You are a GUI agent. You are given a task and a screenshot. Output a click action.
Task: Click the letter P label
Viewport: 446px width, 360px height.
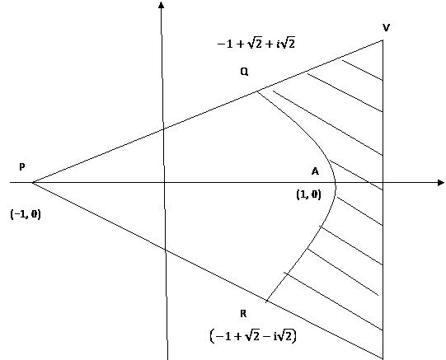tap(22, 166)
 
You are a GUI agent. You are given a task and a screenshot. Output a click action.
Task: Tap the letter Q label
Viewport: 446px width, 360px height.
tap(244, 72)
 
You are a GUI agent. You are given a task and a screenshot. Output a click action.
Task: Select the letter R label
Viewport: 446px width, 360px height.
tap(243, 314)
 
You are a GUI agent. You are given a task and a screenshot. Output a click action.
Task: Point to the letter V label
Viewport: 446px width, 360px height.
tap(386, 28)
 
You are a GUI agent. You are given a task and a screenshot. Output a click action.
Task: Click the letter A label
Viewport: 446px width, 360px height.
tap(315, 171)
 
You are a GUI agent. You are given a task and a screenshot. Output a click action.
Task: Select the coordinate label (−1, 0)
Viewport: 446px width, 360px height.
tap(26, 214)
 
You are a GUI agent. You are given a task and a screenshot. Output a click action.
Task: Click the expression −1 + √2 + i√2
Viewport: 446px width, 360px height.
tap(256, 43)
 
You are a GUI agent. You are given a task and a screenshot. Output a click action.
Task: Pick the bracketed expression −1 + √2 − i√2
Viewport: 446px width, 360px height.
tap(253, 336)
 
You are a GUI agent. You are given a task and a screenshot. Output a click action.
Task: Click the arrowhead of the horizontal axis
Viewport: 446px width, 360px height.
tap(440, 182)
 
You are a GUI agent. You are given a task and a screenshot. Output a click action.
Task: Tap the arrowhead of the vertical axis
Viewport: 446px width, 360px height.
tap(162, 5)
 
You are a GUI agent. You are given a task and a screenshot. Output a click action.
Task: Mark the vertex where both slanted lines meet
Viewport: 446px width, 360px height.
tap(32, 182)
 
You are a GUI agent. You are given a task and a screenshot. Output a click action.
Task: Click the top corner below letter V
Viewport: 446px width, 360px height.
tap(383, 40)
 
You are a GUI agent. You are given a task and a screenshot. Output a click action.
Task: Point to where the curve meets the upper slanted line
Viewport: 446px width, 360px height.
tap(257, 91)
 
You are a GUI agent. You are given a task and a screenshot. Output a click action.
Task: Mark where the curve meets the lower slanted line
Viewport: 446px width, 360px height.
tap(266, 301)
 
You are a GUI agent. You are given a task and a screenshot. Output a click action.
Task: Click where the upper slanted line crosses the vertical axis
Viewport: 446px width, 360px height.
tap(163, 129)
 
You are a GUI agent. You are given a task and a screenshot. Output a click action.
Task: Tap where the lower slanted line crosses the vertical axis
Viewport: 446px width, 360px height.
tap(165, 249)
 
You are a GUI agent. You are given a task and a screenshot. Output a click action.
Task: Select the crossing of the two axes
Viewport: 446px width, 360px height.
tap(164, 182)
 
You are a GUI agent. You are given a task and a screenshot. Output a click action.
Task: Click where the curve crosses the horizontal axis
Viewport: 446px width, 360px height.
tap(336, 182)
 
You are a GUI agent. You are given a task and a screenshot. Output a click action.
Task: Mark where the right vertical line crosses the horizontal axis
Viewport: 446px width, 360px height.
tap(383, 182)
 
